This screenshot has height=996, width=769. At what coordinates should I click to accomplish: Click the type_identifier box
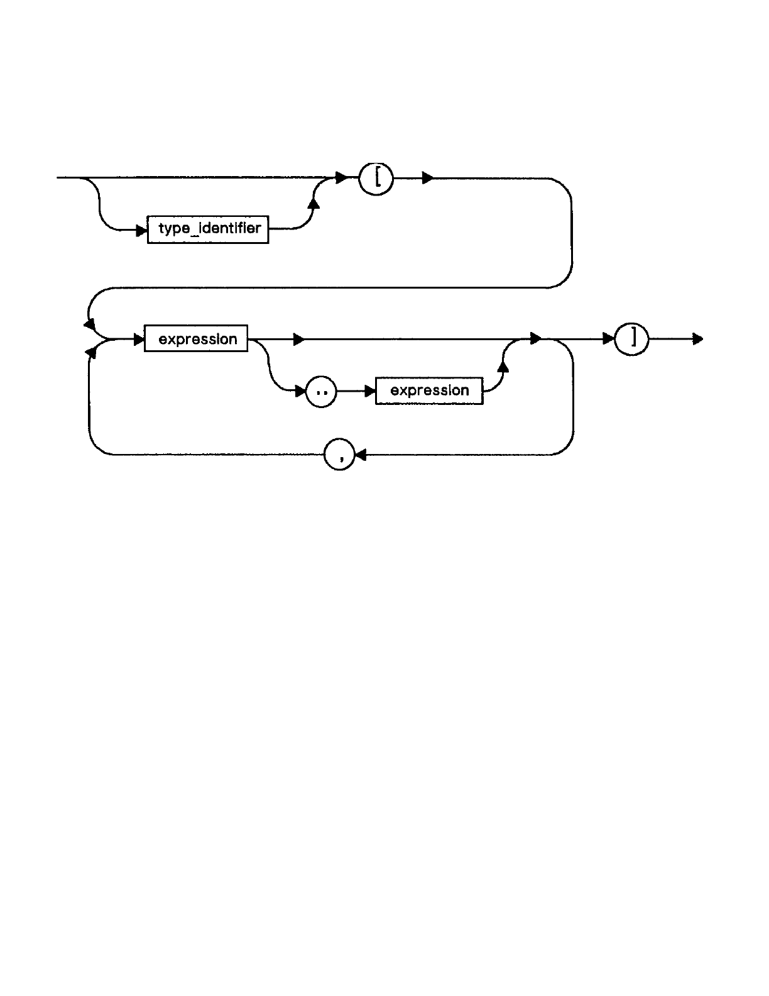click(x=208, y=229)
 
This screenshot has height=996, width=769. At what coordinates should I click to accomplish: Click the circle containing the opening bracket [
click(x=376, y=180)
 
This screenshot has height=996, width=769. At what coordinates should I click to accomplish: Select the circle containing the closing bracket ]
click(x=631, y=340)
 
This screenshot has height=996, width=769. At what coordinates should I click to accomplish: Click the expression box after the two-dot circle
click(x=429, y=390)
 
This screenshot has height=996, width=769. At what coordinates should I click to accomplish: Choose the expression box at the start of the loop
click(x=196, y=338)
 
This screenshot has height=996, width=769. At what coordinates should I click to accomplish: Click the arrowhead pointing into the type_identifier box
click(x=142, y=230)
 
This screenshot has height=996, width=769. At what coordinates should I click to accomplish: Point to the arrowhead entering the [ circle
click(x=342, y=179)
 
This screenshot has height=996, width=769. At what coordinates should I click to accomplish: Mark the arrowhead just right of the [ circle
click(x=428, y=179)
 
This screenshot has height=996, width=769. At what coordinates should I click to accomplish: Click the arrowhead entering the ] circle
click(x=608, y=340)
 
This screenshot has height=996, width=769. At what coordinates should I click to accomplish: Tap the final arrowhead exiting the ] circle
click(x=697, y=340)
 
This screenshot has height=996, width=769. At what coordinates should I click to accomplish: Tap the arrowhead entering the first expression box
click(x=139, y=340)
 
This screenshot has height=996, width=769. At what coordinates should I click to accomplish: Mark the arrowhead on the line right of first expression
click(x=299, y=340)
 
